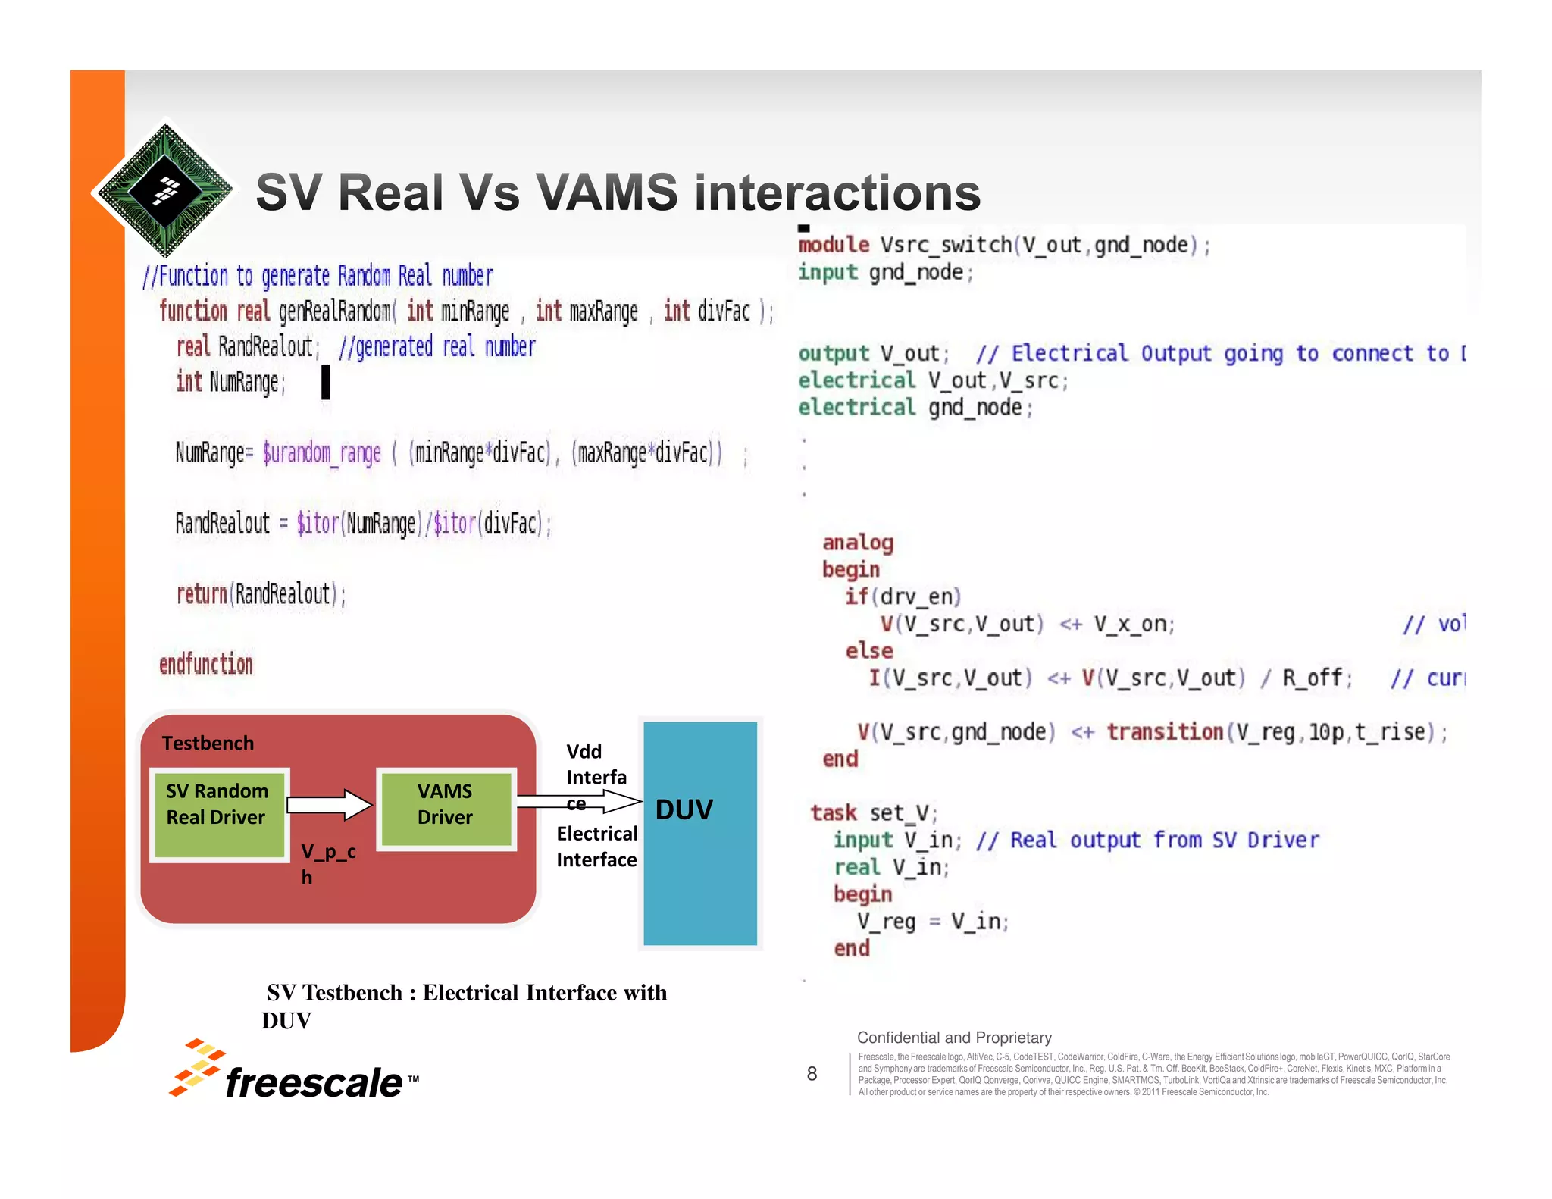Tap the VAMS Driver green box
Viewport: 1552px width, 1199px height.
[x=446, y=808]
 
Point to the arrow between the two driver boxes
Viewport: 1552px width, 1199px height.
[x=330, y=804]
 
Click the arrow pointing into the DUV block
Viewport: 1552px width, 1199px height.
[x=580, y=801]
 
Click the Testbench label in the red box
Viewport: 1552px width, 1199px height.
[x=208, y=743]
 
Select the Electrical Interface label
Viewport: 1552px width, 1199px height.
[x=596, y=847]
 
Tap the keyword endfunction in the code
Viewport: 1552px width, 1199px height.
[x=205, y=665]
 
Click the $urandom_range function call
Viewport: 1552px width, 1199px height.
[x=321, y=453]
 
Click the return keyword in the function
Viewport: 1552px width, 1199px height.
[x=202, y=594]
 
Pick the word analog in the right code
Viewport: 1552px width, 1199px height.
[x=858, y=543]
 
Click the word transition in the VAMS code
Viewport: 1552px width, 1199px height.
[x=1164, y=732]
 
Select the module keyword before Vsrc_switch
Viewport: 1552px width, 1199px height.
[x=834, y=245]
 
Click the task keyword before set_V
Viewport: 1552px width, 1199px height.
[x=834, y=813]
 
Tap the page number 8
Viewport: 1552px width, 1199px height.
[x=812, y=1073]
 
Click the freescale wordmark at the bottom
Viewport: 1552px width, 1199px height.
[x=313, y=1082]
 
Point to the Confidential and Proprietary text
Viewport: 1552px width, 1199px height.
[x=954, y=1038]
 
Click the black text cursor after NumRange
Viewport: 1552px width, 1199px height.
[x=326, y=382]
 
